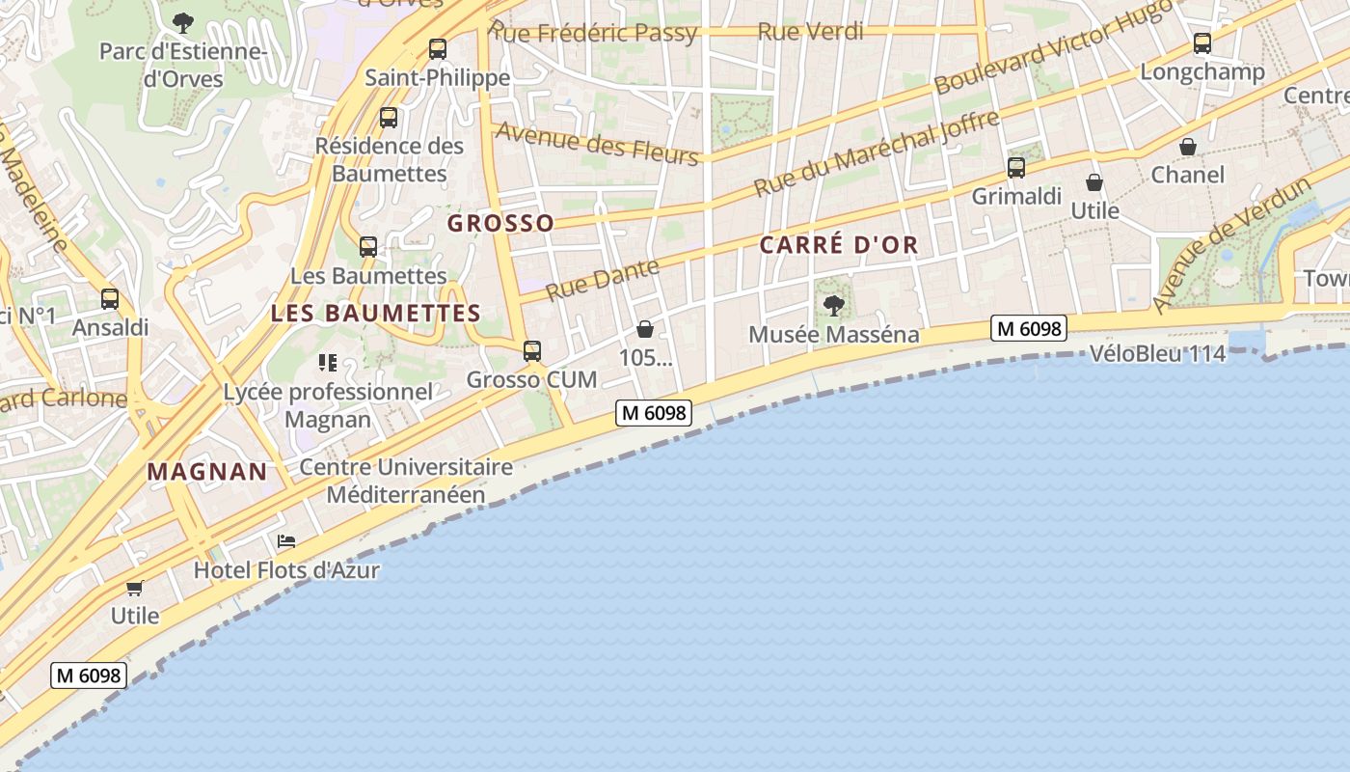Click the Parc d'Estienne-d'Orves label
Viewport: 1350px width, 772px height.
(x=183, y=65)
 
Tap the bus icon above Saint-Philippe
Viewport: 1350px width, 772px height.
(x=438, y=48)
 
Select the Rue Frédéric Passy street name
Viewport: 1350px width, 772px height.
(x=593, y=32)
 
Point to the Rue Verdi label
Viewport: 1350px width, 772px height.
(x=810, y=31)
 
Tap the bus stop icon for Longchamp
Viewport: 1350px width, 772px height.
(x=1201, y=43)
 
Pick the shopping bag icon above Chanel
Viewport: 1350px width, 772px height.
(x=1188, y=147)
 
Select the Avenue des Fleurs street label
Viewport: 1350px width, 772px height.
(x=596, y=143)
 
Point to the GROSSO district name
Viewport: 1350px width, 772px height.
(x=500, y=224)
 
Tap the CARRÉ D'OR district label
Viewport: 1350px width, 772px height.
(x=839, y=245)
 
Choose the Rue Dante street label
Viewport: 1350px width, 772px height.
(x=604, y=279)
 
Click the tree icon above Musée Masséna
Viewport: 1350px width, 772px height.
(x=834, y=306)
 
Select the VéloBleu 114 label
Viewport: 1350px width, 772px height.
(x=1157, y=353)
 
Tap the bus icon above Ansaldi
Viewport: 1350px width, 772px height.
(x=110, y=299)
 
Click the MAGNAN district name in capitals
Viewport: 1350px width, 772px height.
(x=207, y=472)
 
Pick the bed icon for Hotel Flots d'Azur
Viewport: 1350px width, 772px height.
(x=286, y=541)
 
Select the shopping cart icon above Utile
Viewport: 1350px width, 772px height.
(x=135, y=588)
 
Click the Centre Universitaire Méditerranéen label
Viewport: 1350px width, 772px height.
(x=406, y=481)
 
